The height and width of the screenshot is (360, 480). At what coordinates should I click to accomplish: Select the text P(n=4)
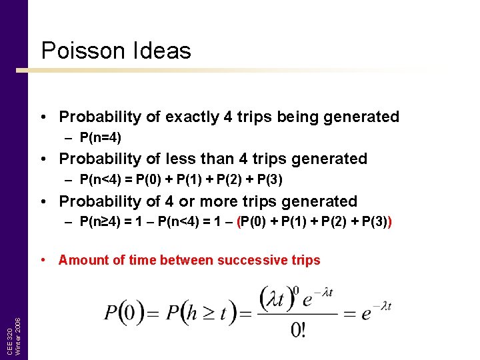pos(100,138)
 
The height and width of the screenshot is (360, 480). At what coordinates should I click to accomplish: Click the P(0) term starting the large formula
pos(121,313)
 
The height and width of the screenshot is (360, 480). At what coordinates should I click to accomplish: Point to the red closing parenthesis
pos(389,223)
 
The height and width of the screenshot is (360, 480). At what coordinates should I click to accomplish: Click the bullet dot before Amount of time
pos(43,260)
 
